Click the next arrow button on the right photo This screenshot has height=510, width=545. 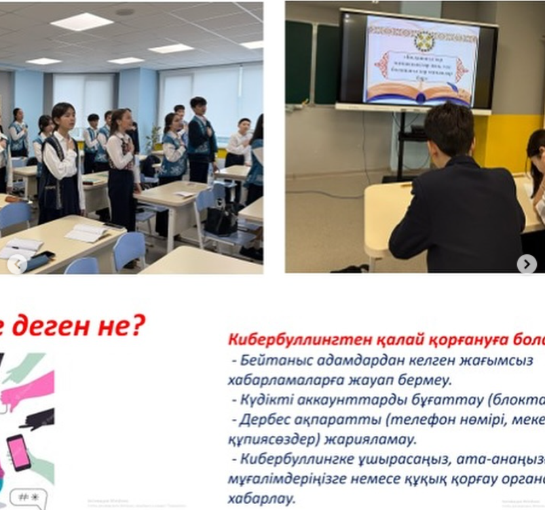tap(527, 264)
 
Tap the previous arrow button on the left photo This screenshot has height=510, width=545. tap(17, 264)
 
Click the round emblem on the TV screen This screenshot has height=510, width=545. tap(424, 41)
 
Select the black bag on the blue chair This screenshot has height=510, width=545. tap(222, 220)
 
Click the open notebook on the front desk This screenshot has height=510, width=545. tap(86, 233)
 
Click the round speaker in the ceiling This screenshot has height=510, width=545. tap(124, 12)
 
